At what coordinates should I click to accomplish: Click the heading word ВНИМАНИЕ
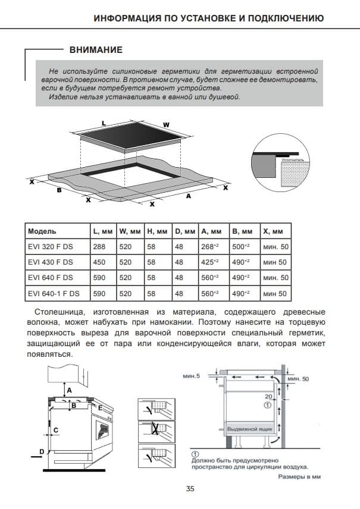95,50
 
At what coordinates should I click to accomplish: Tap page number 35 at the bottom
190,489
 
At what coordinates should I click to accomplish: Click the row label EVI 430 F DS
51,262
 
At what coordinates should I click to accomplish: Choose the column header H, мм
155,231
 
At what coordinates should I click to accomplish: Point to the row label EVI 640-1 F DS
54,294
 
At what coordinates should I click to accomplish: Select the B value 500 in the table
240,246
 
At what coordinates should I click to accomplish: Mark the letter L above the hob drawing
104,122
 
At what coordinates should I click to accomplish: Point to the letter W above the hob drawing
166,125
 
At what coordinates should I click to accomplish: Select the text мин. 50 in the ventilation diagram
298,379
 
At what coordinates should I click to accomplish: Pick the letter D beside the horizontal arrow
41,452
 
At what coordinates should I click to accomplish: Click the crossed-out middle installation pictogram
157,431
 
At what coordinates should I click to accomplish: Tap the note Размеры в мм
300,476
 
